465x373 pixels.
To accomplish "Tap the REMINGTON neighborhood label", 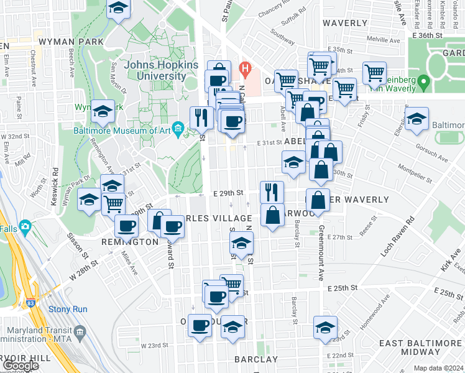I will [131, 242].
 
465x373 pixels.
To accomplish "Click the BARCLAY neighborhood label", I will [256, 359].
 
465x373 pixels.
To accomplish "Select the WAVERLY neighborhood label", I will [345, 23].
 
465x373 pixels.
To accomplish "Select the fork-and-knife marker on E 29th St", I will [272, 191].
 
